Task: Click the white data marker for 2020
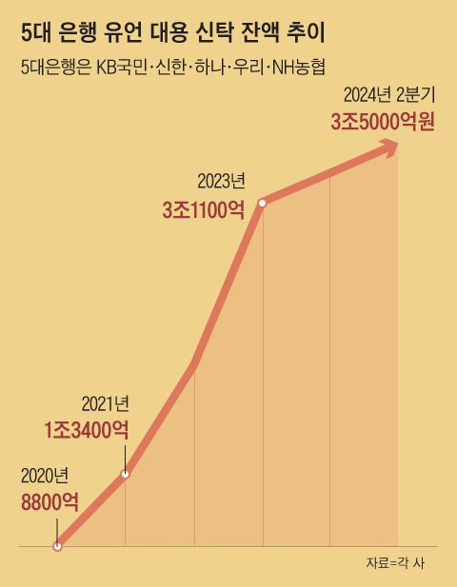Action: click(57, 546)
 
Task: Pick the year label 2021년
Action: click(104, 404)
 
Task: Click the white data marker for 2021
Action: click(125, 474)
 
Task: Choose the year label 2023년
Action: click(221, 181)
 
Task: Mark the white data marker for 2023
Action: click(262, 202)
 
